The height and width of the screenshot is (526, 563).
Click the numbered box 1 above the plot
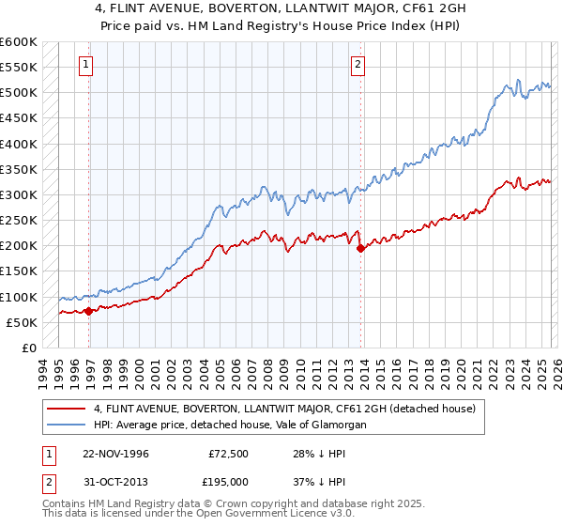[x=86, y=65]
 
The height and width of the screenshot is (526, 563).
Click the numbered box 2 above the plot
[x=358, y=65]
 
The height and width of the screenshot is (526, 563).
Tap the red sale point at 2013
[x=361, y=248]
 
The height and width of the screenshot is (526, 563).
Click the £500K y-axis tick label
[x=18, y=93]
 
